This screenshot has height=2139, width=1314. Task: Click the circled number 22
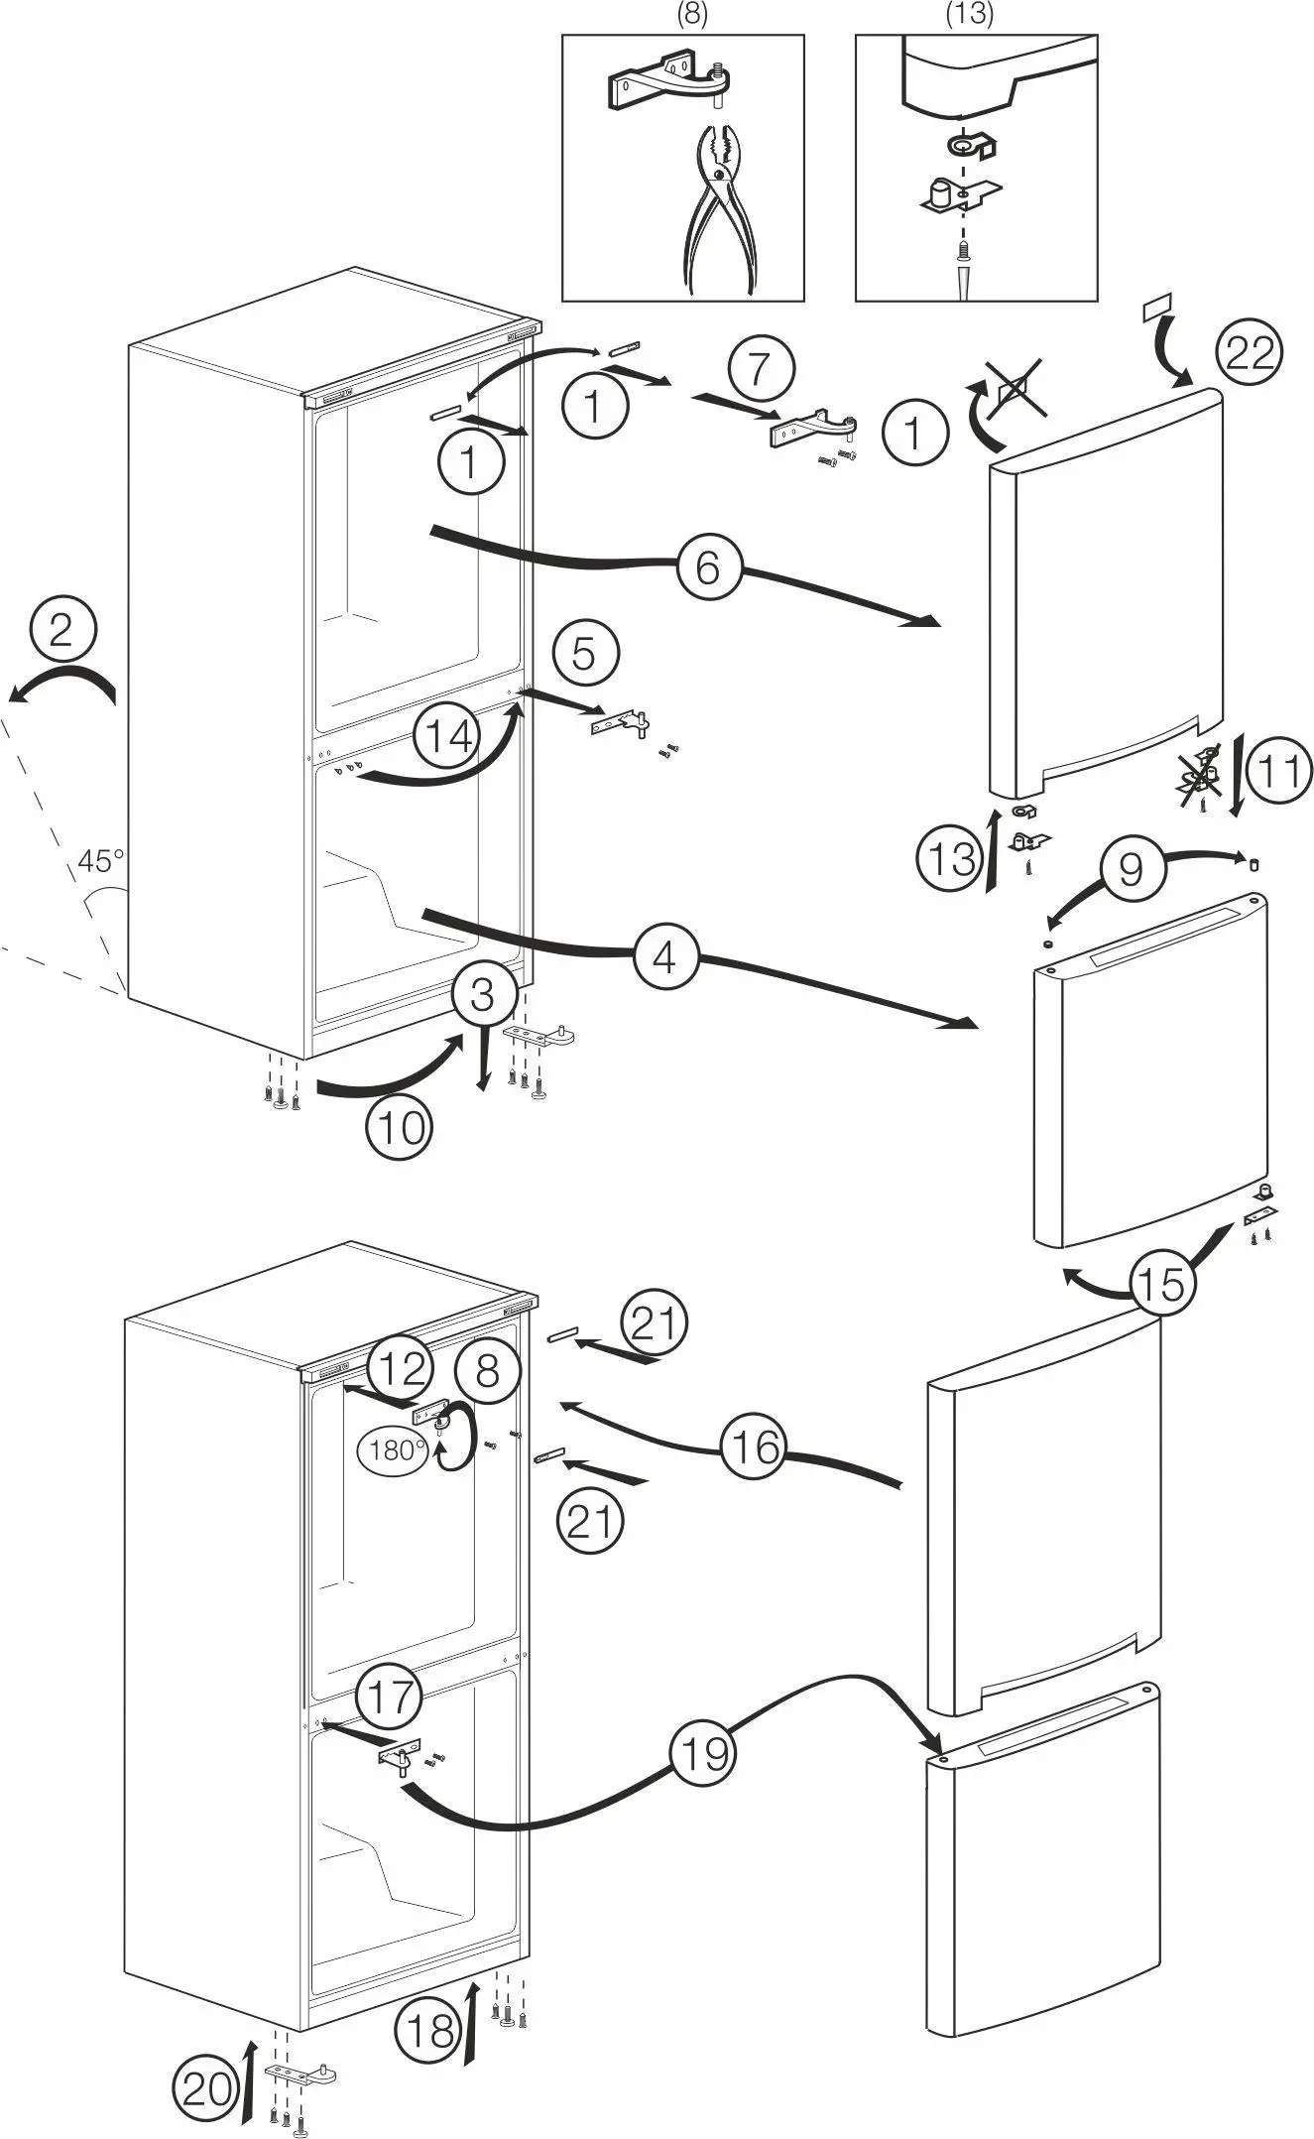click(1249, 351)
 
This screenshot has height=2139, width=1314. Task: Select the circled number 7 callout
click(761, 369)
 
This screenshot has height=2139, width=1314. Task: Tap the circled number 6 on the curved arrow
click(708, 567)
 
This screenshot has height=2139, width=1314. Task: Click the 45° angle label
click(101, 860)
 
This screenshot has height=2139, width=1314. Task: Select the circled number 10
click(400, 1128)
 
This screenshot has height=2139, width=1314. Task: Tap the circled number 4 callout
click(665, 957)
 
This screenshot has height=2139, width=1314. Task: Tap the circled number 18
click(430, 2032)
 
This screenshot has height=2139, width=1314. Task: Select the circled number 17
click(390, 1696)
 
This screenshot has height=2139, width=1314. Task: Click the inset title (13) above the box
click(970, 14)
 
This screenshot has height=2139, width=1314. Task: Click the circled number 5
click(584, 654)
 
